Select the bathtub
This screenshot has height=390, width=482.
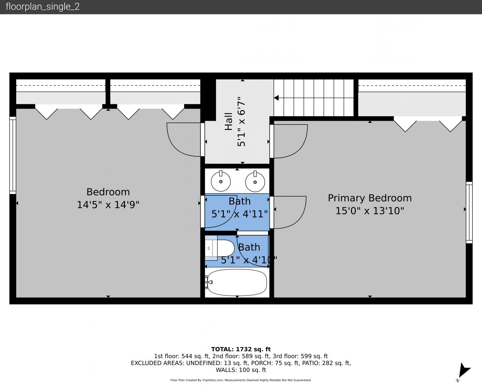tap(237, 283)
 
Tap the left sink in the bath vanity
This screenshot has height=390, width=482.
tap(221, 181)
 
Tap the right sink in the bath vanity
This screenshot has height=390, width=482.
tap(255, 182)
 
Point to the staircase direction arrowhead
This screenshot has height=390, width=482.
tap(276, 98)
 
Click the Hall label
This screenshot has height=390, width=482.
tap(229, 122)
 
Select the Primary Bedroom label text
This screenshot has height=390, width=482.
tap(370, 198)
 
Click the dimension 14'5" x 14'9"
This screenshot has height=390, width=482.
tap(108, 205)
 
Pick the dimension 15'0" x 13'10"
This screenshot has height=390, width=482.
tap(370, 211)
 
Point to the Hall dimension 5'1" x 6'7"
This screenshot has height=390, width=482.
tap(241, 122)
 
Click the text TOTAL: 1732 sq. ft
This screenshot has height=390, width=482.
tap(241, 349)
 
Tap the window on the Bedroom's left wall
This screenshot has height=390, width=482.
tap(13, 155)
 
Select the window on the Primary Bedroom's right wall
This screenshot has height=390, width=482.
tap(469, 213)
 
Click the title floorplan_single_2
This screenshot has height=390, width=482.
tap(43, 6)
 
